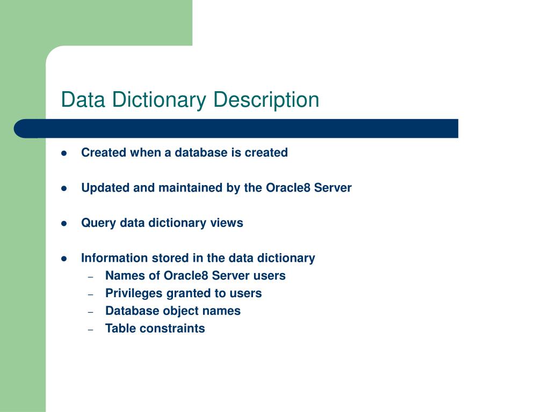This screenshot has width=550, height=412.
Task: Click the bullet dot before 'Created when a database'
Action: point(63,153)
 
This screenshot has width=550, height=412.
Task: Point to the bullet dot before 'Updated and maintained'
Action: point(63,188)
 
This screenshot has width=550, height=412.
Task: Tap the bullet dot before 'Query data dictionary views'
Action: point(63,223)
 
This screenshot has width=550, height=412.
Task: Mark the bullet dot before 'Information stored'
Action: point(63,259)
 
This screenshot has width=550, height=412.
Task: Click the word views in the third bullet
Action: point(228,223)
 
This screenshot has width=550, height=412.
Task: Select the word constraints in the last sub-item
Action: point(172,329)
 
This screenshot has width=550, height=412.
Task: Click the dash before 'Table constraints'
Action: point(91,329)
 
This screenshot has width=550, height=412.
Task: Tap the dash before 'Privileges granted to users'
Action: point(91,294)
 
